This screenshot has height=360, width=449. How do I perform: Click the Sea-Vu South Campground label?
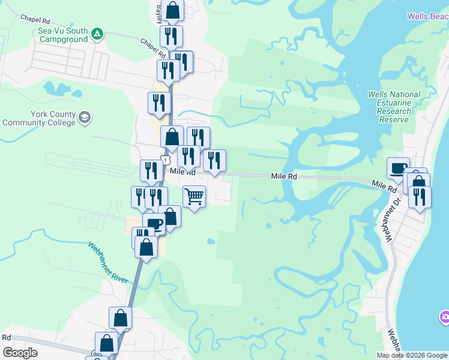pos(62,35)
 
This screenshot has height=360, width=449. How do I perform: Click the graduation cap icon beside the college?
pos(85,116)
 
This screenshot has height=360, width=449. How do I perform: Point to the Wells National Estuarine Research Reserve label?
pos(394,107)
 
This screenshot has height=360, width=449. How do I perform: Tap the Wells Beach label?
pos(427,17)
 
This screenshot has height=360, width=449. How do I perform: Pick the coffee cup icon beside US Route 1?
pos(154,224)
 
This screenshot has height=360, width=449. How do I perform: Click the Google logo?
pos(20,353)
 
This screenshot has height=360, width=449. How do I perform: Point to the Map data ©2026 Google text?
pos(411,355)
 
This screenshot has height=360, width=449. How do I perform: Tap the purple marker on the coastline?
pos(444,317)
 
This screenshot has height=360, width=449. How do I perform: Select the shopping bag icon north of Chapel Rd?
pos(172,10)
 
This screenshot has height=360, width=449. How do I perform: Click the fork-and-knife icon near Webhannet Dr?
pos(419,196)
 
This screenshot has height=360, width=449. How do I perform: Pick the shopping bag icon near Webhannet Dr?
pos(418,182)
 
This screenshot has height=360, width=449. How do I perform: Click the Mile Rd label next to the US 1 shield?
pos(183,172)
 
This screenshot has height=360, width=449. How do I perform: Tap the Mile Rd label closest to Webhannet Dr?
pos(384,187)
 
